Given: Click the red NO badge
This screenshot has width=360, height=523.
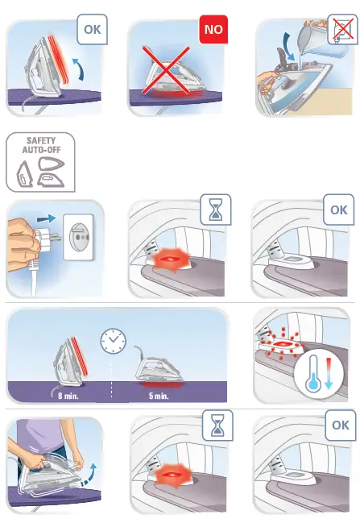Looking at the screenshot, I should tap(213, 30).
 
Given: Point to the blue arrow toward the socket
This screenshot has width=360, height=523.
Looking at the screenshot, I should tap(47, 218).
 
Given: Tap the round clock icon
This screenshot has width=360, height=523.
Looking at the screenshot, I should tap(113, 341).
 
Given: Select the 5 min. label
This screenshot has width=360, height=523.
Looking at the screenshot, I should tap(159, 396).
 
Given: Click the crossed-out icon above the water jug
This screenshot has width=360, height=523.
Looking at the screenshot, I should tap(342, 30).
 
